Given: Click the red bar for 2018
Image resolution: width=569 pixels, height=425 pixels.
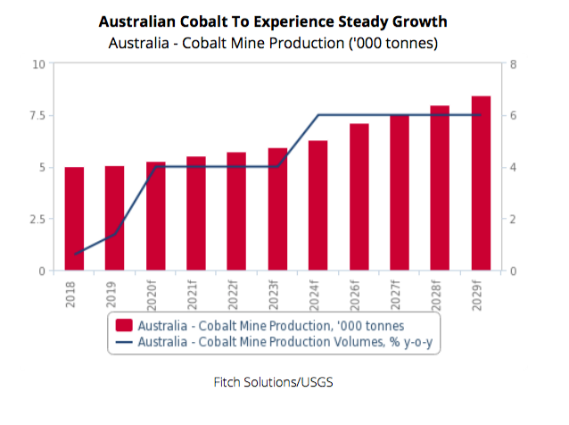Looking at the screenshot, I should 74,219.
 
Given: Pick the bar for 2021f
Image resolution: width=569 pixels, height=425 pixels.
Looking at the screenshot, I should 196,213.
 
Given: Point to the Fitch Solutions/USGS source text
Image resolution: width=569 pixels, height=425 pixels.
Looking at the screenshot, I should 284,381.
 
